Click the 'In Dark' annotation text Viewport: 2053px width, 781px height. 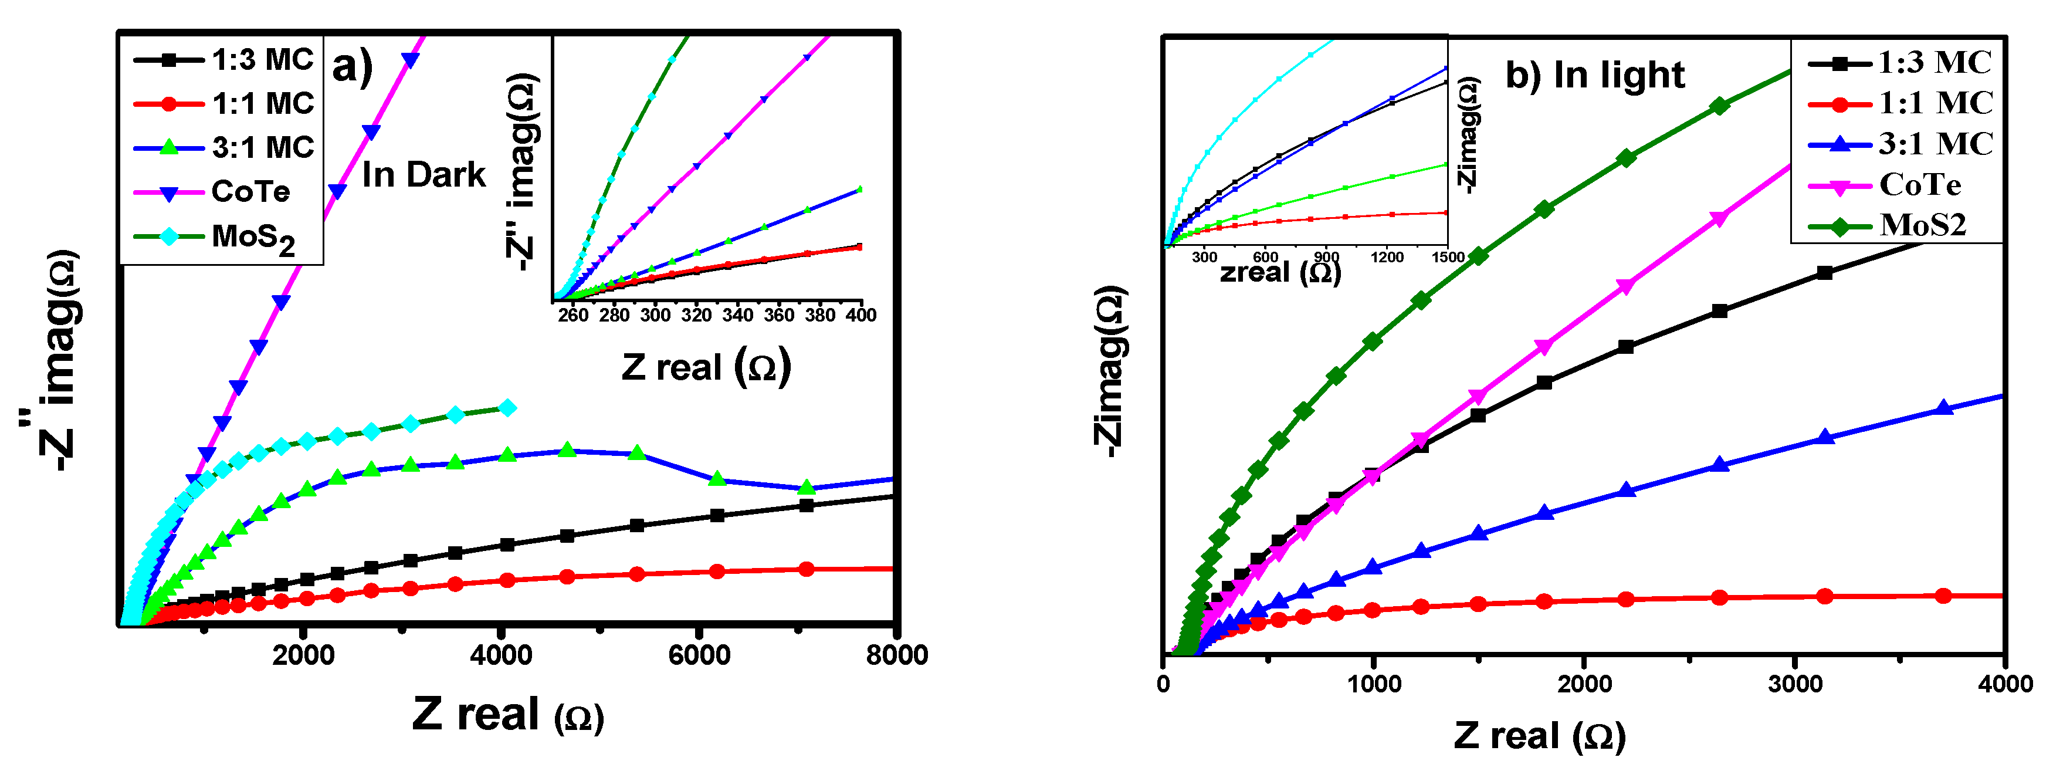coord(423,174)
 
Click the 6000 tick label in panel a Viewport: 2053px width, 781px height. coord(699,655)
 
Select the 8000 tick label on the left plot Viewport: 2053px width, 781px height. coord(896,655)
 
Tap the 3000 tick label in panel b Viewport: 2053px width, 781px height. coord(1795,684)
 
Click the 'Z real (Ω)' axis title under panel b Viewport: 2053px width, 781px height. coord(1538,736)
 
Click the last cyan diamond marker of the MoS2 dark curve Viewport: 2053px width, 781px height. coord(507,408)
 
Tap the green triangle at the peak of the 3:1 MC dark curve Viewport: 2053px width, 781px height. coord(567,450)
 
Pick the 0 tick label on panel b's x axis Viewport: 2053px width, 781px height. coord(1164,684)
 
